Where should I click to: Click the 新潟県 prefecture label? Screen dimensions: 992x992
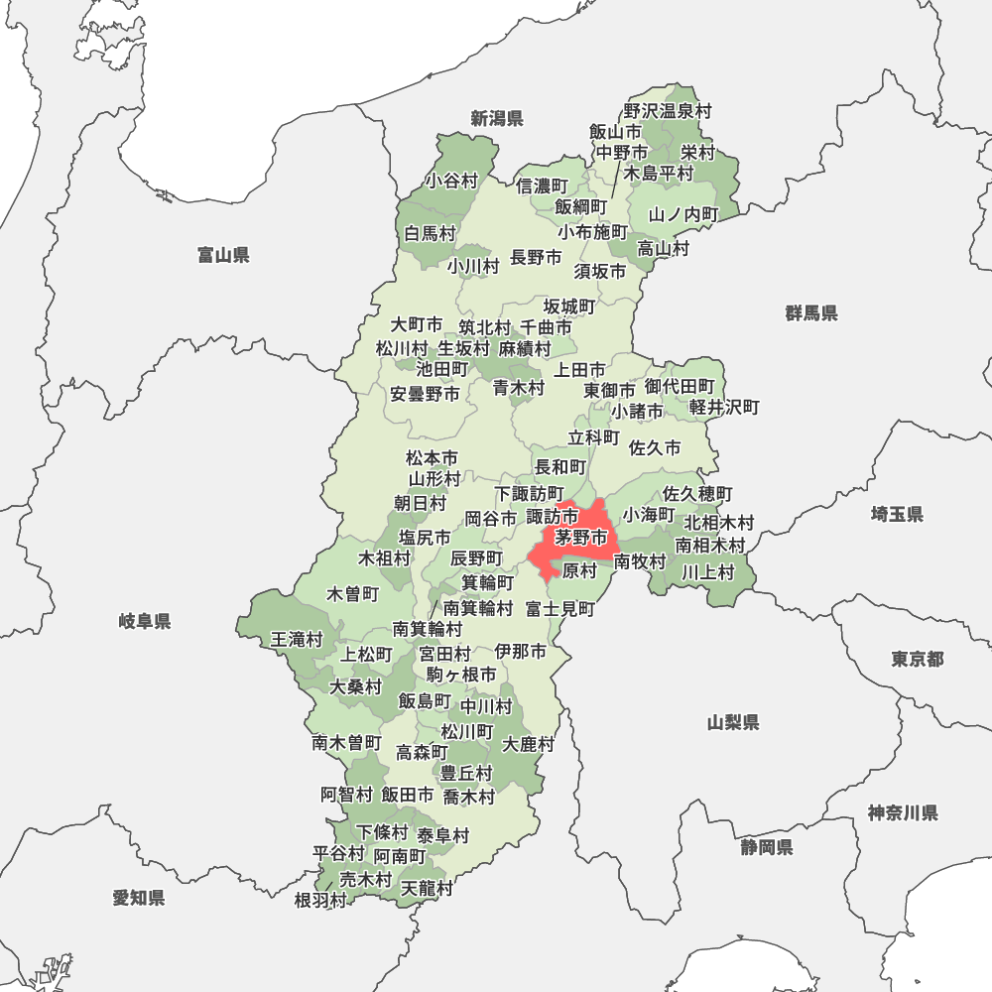pyautogui.click(x=497, y=119)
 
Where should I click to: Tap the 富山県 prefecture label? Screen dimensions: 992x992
pyautogui.click(x=223, y=256)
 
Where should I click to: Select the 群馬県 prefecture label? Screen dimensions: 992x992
pyautogui.click(x=811, y=313)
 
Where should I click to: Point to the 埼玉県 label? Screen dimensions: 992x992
pyautogui.click(x=897, y=514)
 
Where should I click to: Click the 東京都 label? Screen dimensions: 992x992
pyautogui.click(x=918, y=659)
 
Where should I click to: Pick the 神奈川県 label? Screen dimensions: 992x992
pyautogui.click(x=903, y=813)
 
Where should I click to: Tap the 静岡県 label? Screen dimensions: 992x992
pyautogui.click(x=766, y=847)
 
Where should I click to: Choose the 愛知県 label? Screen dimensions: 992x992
pyautogui.click(x=139, y=898)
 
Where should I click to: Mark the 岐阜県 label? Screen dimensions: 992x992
pyautogui.click(x=145, y=622)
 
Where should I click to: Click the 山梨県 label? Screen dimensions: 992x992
pyautogui.click(x=734, y=722)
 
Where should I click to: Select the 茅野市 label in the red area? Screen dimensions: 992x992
pyautogui.click(x=581, y=539)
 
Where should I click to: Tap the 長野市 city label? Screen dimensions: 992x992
pyautogui.click(x=536, y=258)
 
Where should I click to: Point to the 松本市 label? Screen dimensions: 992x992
pyautogui.click(x=433, y=458)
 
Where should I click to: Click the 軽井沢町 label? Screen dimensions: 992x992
pyautogui.click(x=724, y=407)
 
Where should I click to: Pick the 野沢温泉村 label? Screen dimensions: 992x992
pyautogui.click(x=668, y=112)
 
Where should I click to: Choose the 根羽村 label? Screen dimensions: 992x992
pyautogui.click(x=320, y=901)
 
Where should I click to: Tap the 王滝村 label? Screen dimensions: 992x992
pyautogui.click(x=298, y=640)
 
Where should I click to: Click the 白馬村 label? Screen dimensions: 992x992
pyautogui.click(x=431, y=234)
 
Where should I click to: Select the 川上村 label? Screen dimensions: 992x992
pyautogui.click(x=707, y=571)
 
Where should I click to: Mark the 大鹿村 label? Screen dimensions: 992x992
pyautogui.click(x=529, y=744)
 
